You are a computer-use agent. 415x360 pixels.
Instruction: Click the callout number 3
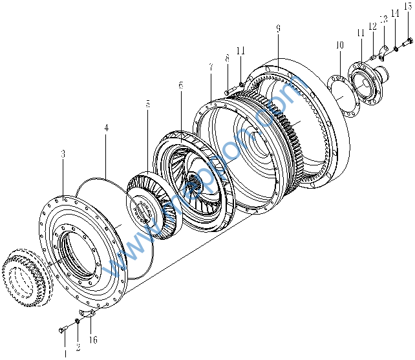click(63, 154)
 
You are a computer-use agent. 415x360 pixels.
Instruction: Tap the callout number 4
click(106, 128)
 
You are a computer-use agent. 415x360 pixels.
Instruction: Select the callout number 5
click(147, 103)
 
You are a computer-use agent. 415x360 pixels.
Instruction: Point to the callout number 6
click(180, 85)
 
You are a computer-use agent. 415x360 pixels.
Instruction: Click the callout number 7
click(211, 67)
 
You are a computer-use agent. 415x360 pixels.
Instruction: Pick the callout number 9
click(277, 28)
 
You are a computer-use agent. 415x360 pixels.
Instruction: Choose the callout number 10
click(340, 45)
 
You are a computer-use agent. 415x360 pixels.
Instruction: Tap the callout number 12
click(372, 26)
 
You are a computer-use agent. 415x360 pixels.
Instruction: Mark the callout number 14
click(395, 13)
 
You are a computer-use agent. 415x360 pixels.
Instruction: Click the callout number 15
click(407, 6)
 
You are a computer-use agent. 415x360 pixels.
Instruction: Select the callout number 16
click(93, 339)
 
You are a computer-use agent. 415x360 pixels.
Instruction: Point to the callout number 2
click(78, 347)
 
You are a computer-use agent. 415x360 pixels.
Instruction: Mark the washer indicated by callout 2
click(78, 321)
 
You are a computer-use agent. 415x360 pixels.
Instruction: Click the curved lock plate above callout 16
click(91, 313)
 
